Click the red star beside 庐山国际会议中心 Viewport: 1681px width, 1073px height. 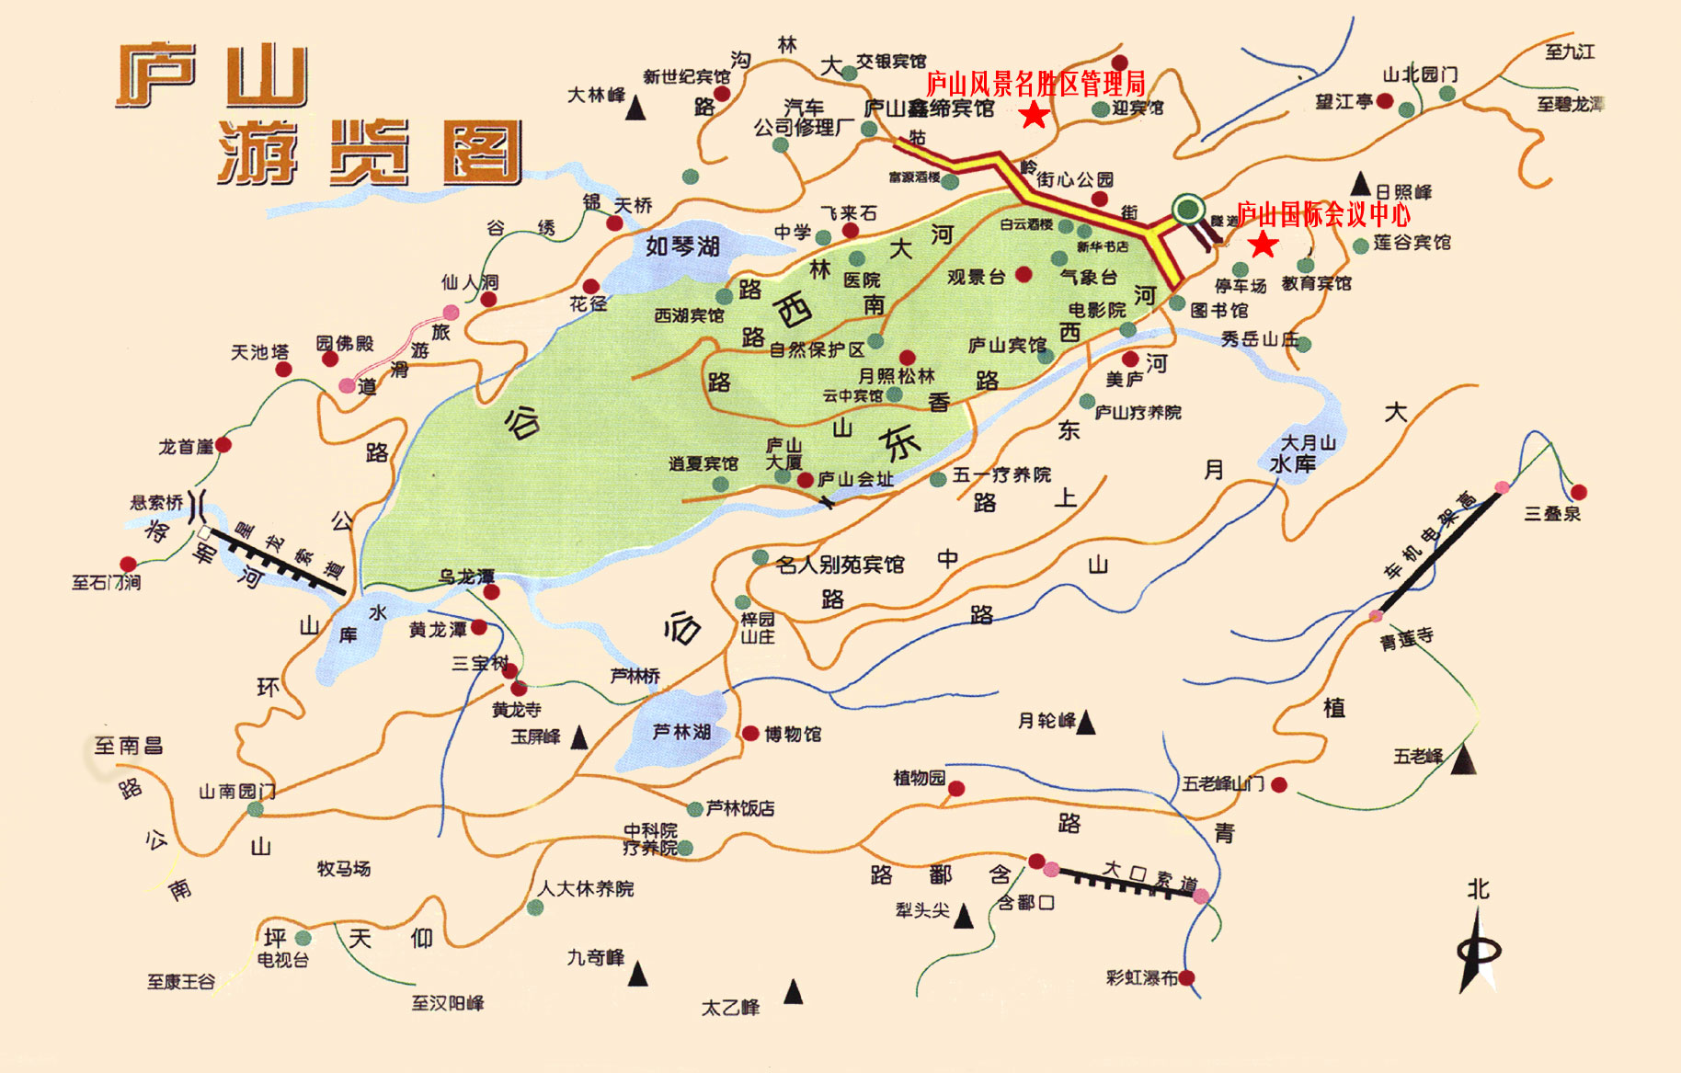(1264, 245)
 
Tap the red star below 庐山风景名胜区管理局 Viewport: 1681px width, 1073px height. (1035, 115)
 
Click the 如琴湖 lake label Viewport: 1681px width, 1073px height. (681, 246)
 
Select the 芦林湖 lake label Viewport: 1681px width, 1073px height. (681, 732)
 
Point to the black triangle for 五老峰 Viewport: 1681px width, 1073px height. (1463, 760)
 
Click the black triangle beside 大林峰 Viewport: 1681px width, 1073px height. (635, 109)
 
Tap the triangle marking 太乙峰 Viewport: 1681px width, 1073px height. (793, 992)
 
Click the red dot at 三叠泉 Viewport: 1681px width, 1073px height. (1578, 492)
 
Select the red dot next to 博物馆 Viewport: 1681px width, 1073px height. (750, 733)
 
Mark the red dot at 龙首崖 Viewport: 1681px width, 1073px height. (223, 445)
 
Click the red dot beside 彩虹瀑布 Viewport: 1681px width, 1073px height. (1186, 977)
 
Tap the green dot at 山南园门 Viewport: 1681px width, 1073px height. (255, 809)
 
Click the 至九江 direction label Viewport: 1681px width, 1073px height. (1570, 51)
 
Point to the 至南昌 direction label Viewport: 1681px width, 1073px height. (129, 746)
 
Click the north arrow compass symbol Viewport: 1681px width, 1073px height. (1478, 953)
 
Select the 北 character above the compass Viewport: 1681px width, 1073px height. (1478, 889)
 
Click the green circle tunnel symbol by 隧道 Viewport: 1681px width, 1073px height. (1189, 209)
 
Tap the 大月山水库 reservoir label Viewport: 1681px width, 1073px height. (1306, 454)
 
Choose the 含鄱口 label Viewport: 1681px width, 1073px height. (1026, 903)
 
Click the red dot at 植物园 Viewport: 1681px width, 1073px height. (956, 788)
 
